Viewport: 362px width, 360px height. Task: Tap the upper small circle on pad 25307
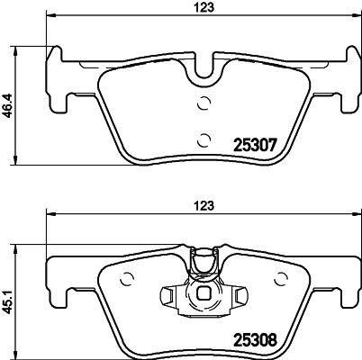[x=204, y=103]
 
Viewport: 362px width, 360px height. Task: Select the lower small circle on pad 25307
[x=204, y=138]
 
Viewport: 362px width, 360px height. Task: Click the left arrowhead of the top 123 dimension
[x=50, y=16]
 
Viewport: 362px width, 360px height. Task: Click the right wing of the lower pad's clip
[x=242, y=295]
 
